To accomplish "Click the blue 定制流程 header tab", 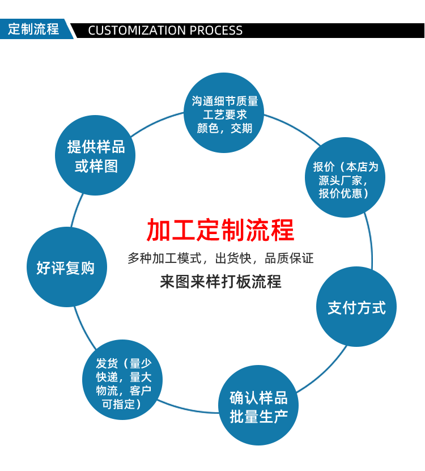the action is coord(34,29).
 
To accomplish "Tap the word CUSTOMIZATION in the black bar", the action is coord(137,31).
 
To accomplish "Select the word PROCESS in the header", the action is coord(216,31).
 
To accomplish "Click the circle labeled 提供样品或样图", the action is coord(95,155).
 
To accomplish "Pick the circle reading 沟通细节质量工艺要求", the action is coord(224,113).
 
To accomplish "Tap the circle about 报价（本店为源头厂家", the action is coord(345,177).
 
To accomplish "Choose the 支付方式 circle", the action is coord(356,307).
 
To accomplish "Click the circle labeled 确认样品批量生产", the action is coord(258,406).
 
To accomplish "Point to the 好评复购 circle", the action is coord(66,268).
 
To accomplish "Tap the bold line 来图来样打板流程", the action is coord(220,282).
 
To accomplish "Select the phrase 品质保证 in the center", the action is coord(289,259).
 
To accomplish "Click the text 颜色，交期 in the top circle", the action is coord(224,128).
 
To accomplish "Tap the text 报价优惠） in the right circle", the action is coord(345,194).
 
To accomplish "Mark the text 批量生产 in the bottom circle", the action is coord(258,416).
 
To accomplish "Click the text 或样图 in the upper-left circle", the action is coord(96,167).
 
